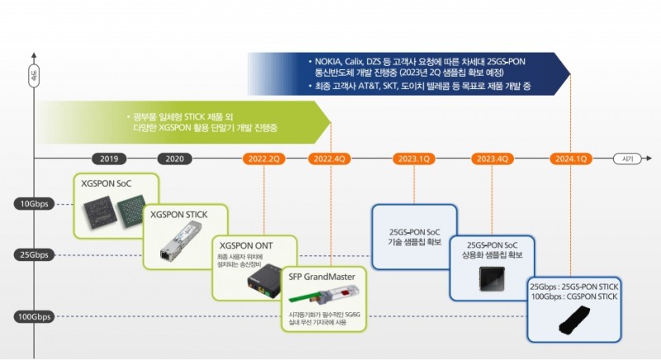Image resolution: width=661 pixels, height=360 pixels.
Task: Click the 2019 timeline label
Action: coord(108,159)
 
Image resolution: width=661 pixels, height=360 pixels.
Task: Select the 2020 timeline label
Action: coord(174,159)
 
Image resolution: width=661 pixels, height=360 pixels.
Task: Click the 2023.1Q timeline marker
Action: coord(413,159)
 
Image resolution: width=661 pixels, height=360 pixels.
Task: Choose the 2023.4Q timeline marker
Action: coord(492,159)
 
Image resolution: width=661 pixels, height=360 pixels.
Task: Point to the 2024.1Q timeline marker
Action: coord(571,159)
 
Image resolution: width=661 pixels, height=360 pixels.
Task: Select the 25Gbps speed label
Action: coord(34,254)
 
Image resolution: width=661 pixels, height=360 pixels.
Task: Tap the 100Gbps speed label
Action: coord(32,316)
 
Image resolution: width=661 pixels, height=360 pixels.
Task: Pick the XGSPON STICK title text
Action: coord(177,215)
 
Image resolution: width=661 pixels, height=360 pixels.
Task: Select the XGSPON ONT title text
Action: coord(245,245)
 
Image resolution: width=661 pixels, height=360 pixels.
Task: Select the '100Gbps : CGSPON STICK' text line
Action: coord(573,297)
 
